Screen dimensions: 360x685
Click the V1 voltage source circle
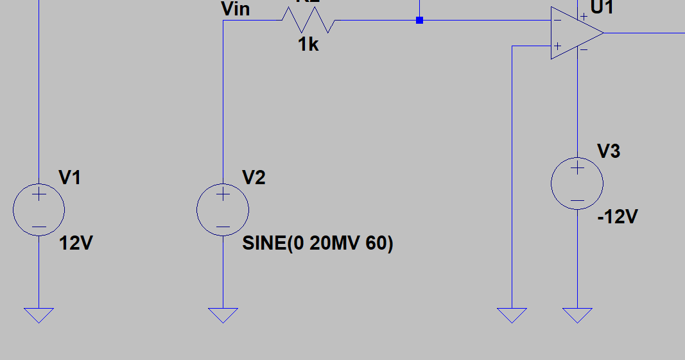pyautogui.click(x=39, y=209)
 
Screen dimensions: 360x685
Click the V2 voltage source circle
pyautogui.click(x=223, y=209)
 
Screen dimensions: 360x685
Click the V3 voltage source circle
pyautogui.click(x=577, y=184)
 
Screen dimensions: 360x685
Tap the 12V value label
pyautogui.click(x=76, y=243)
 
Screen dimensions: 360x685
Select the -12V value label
pyautogui.click(x=617, y=217)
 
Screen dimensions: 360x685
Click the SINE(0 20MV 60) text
pyautogui.click(x=318, y=243)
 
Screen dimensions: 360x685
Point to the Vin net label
pyautogui.click(x=235, y=9)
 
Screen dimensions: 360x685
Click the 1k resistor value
pyautogui.click(x=308, y=44)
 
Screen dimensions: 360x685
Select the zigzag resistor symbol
pyautogui.click(x=308, y=21)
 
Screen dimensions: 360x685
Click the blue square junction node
pyautogui.click(x=419, y=21)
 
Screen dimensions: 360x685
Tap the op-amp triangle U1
pyautogui.click(x=573, y=33)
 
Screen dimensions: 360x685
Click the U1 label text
pyautogui.click(x=602, y=8)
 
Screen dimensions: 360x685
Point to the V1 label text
pyautogui.click(x=69, y=177)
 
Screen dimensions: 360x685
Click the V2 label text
pyautogui.click(x=254, y=177)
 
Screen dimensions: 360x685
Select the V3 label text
pyautogui.click(x=609, y=151)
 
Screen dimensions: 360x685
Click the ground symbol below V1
pyautogui.click(x=39, y=314)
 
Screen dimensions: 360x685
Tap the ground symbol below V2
pyautogui.click(x=223, y=314)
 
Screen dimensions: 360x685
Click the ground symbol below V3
pyautogui.click(x=577, y=314)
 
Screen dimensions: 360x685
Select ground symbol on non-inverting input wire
pyautogui.click(x=512, y=314)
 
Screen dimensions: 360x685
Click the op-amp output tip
pyautogui.click(x=603, y=33)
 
